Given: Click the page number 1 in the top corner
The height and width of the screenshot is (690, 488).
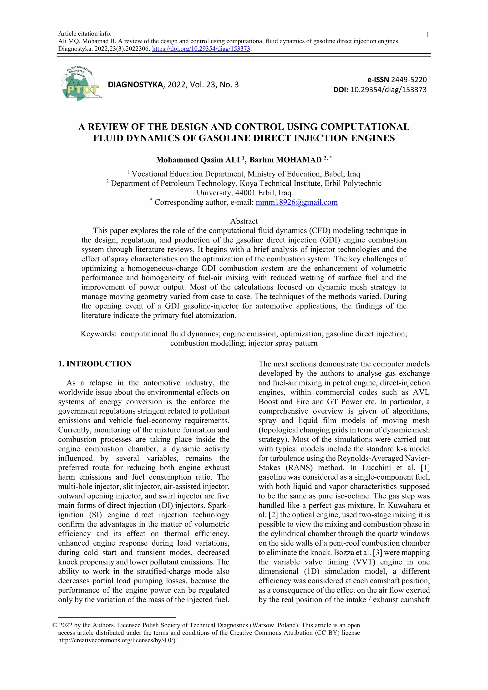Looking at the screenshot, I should (428, 35).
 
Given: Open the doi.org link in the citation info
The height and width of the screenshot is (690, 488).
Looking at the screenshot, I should (201, 49).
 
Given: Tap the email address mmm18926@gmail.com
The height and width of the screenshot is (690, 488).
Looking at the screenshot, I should (297, 202).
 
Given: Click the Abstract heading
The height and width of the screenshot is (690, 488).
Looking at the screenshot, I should (244, 221).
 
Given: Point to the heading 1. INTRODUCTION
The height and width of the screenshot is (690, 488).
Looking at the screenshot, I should (95, 364).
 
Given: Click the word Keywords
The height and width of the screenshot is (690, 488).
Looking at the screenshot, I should (98, 334).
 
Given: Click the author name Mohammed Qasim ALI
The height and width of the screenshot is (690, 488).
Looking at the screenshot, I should (198, 160).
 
